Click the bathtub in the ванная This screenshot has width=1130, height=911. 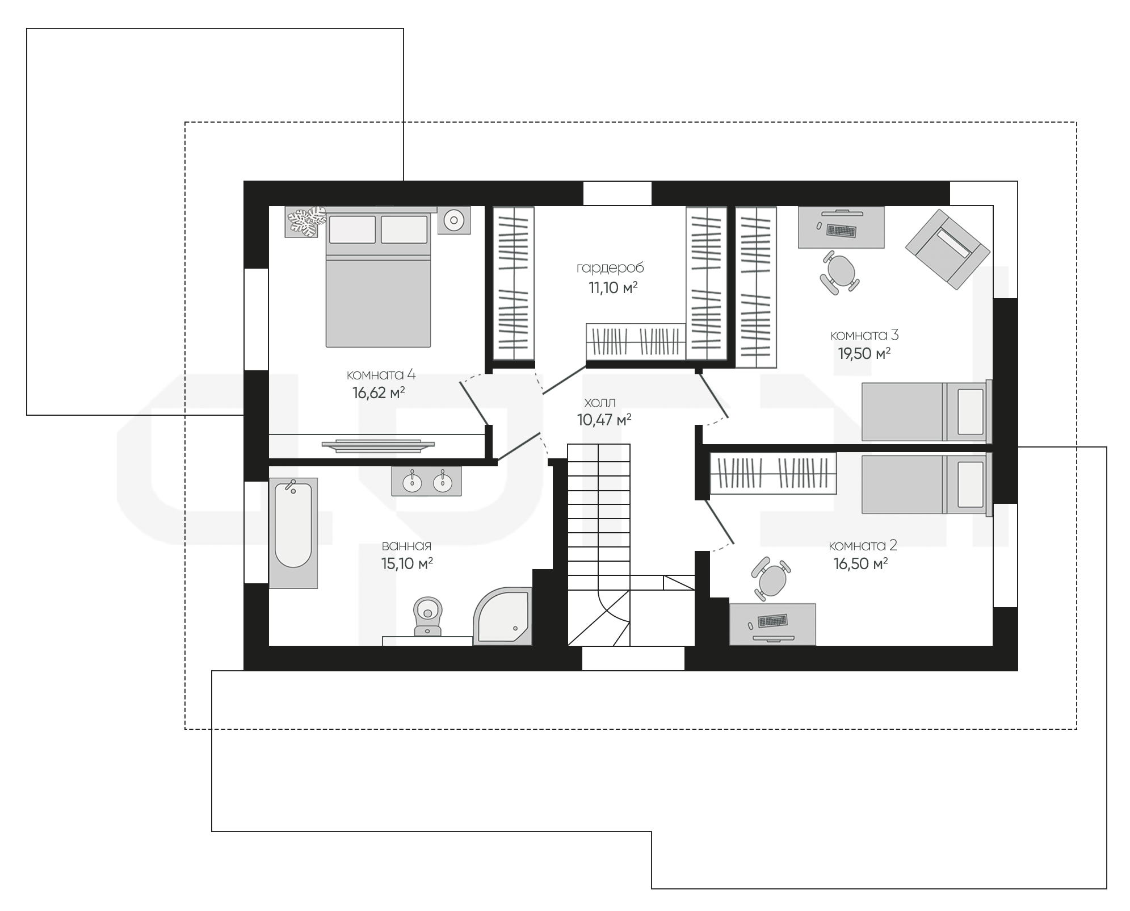(x=293, y=533)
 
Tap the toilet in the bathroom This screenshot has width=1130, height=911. (x=427, y=616)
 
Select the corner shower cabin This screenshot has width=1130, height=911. (x=503, y=616)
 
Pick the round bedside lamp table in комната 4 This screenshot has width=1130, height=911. (x=454, y=220)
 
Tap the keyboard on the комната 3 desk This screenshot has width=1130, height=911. (x=841, y=231)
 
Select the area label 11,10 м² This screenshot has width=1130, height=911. (x=613, y=287)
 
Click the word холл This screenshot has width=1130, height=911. (x=600, y=403)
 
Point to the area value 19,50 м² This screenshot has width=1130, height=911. (x=864, y=353)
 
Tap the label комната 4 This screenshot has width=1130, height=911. (x=381, y=375)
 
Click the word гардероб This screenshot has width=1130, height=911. (x=610, y=268)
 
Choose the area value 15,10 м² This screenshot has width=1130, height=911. (x=408, y=563)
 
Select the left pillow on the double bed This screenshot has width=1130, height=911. (x=352, y=229)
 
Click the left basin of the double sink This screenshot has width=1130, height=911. (x=412, y=482)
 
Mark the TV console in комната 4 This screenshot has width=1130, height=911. (x=378, y=446)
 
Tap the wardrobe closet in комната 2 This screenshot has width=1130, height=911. (x=773, y=473)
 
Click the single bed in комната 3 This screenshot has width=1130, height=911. (x=927, y=412)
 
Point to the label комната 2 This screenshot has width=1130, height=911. (x=863, y=546)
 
